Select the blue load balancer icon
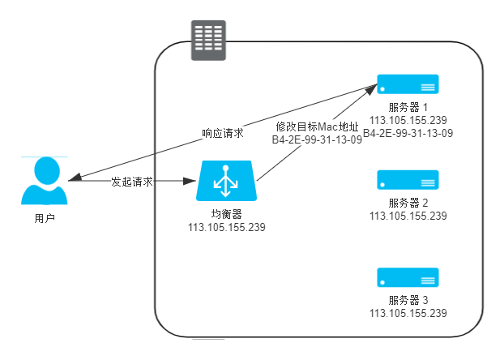227,181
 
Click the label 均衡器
227,214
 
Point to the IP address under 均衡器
227,228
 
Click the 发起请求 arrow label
132,182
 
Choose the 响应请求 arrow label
223,132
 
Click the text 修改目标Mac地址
317,126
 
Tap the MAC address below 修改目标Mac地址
317,139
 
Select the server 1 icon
408,84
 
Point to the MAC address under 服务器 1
408,133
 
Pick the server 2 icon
408,180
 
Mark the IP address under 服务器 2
408,216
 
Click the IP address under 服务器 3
408,312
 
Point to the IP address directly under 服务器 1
408,120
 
